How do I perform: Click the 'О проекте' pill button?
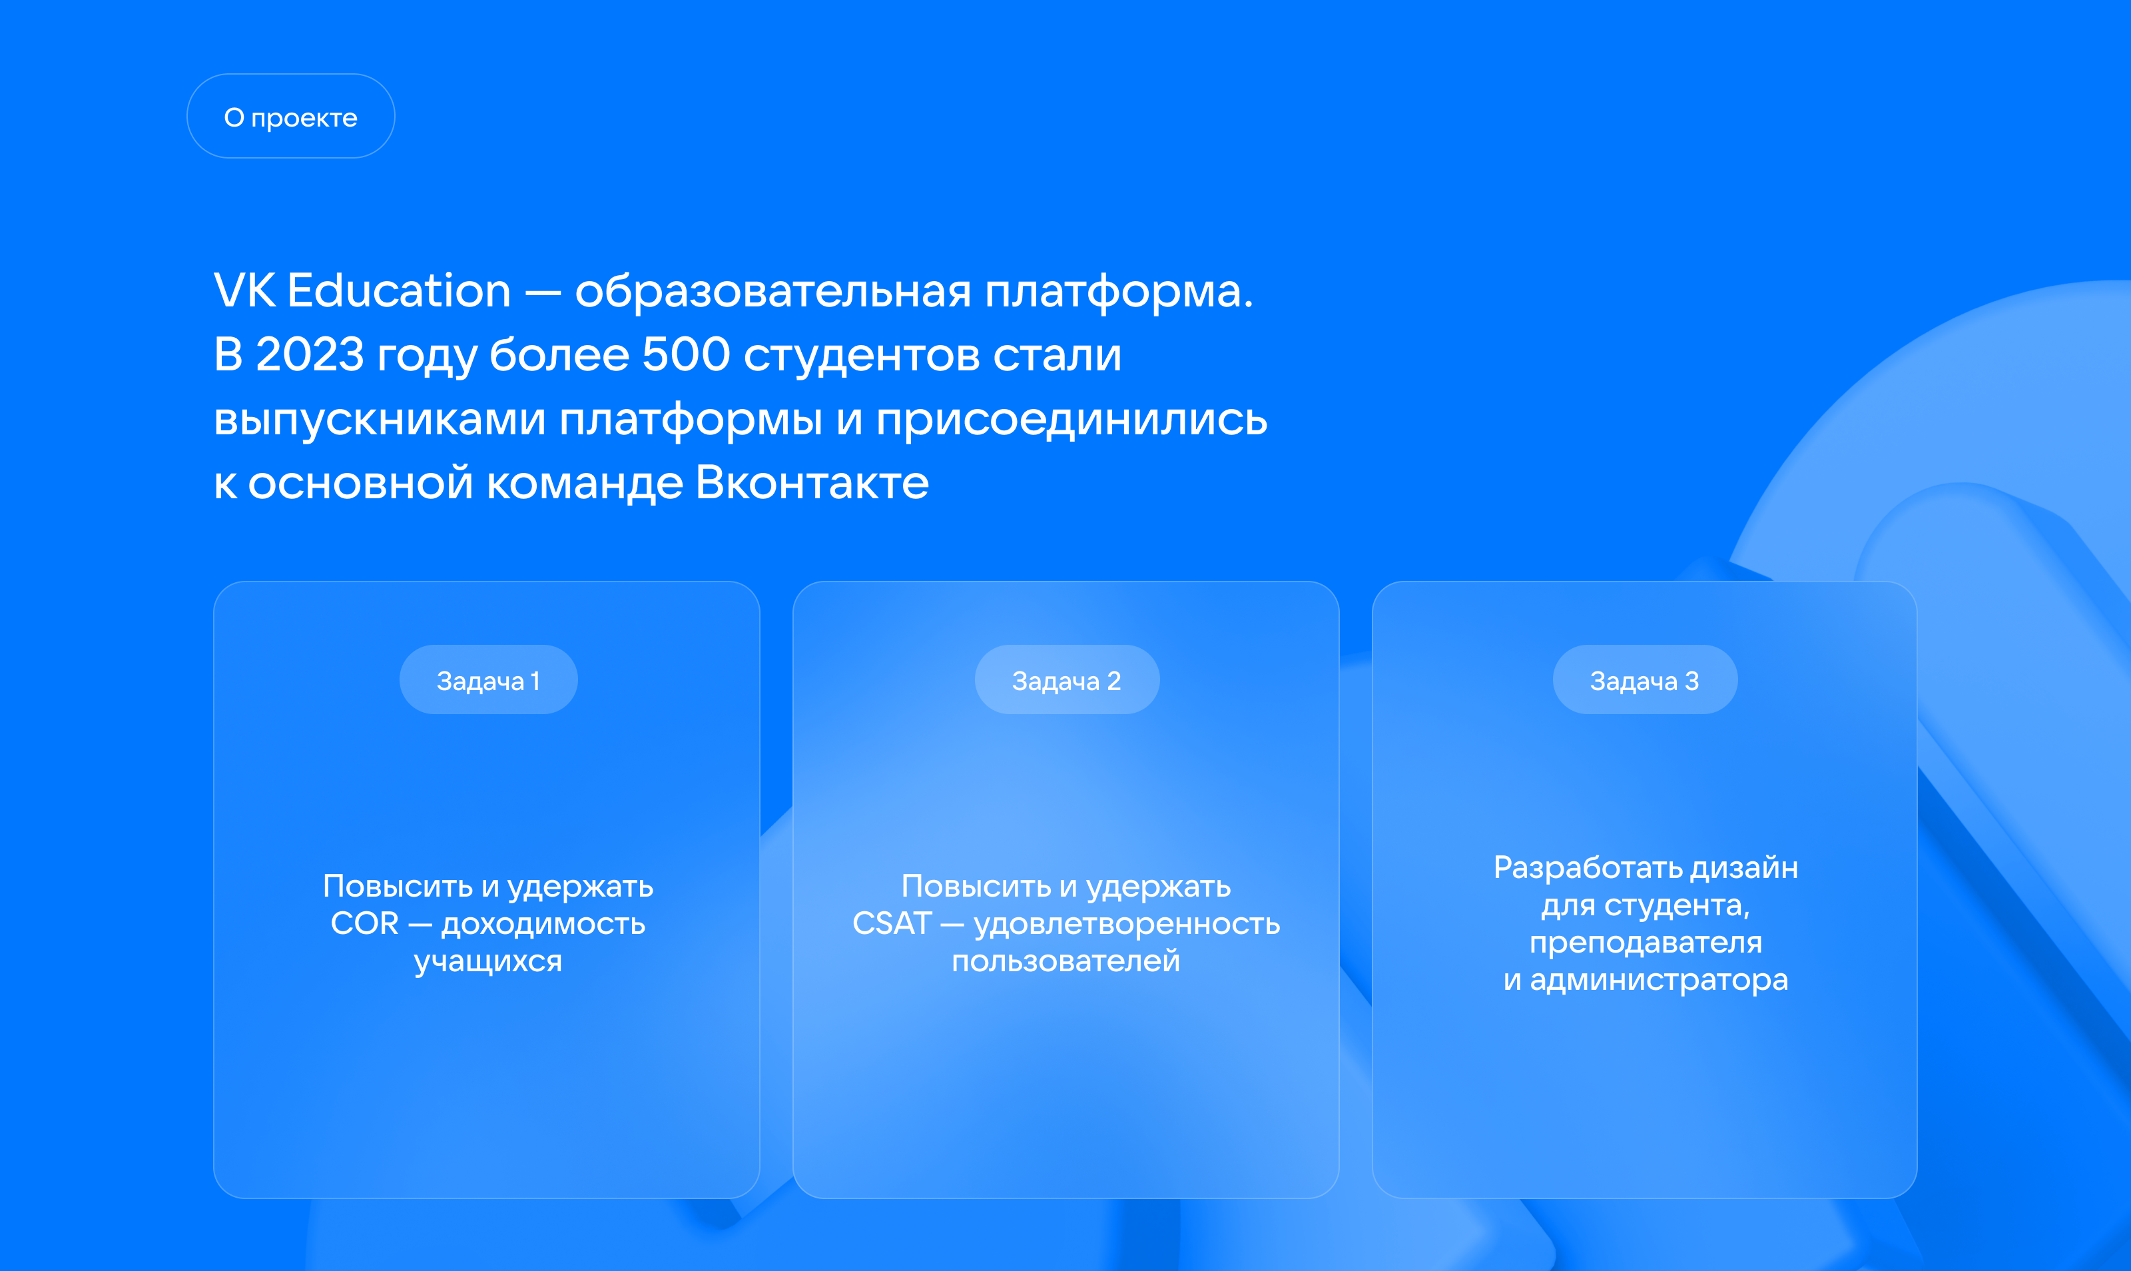click(290, 116)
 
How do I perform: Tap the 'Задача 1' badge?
click(488, 679)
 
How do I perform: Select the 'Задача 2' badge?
click(1067, 679)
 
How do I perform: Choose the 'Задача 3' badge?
click(1645, 679)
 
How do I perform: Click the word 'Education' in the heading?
click(399, 290)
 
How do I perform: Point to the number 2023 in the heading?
click(310, 354)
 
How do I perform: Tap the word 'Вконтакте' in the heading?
click(812, 483)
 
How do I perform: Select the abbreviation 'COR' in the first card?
click(365, 923)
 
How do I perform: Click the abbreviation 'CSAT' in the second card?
click(892, 923)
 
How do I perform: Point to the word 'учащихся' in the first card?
click(488, 962)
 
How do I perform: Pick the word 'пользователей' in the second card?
click(1066, 961)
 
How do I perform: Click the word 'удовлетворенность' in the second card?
click(1127, 924)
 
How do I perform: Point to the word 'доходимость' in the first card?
click(543, 924)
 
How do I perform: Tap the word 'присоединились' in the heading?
click(1071, 420)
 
